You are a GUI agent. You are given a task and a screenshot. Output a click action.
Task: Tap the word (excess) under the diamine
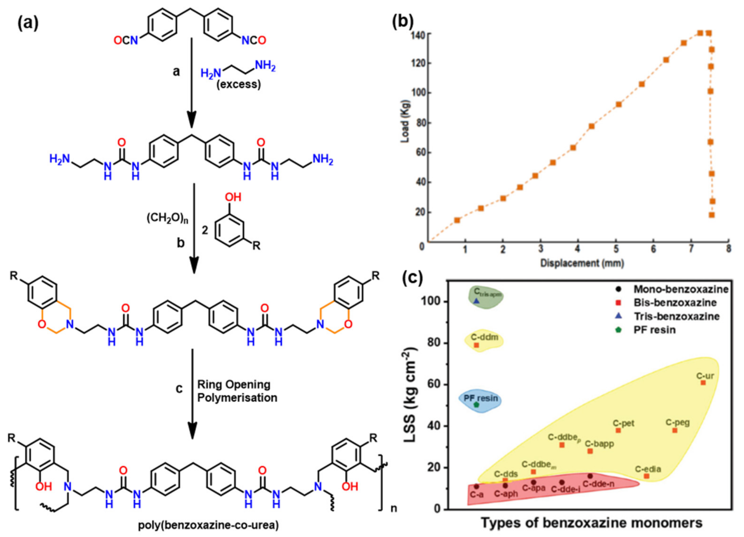239,84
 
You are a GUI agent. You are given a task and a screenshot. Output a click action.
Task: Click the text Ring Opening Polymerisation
237,391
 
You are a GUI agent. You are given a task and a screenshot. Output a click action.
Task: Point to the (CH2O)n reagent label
167,218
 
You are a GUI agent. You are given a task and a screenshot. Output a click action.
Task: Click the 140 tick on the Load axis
418,34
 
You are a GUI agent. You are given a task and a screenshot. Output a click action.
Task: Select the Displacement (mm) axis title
582,263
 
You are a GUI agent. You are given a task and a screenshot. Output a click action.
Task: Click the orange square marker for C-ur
703,383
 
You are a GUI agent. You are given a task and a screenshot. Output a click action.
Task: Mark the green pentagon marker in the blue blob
477,405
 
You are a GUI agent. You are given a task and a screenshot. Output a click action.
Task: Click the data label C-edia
648,469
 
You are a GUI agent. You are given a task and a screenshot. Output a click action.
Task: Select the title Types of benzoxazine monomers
592,523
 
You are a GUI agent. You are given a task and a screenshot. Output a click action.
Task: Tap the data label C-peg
678,422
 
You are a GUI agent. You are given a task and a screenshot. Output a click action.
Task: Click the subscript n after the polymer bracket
394,509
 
